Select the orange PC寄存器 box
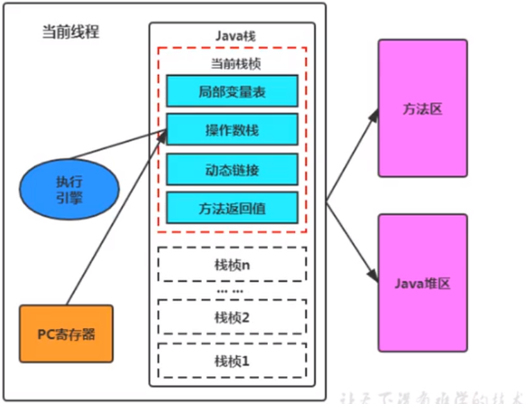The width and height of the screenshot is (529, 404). pos(66,334)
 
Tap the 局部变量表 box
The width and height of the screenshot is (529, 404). pos(232,91)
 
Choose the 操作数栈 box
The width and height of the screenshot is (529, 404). pos(232,130)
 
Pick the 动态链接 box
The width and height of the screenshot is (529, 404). pos(232,169)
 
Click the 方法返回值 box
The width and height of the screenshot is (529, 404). pos(232,207)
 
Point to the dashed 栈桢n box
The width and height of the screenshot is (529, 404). pos(232,264)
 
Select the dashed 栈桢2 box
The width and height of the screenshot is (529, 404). pos(232,317)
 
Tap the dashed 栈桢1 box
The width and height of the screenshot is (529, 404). pos(232,360)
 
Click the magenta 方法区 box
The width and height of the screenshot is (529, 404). pos(422,108)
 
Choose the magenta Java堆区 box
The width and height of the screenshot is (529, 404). pos(422,283)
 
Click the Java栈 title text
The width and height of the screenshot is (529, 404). pos(232,35)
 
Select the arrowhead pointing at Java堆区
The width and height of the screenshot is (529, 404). pos(373,274)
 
